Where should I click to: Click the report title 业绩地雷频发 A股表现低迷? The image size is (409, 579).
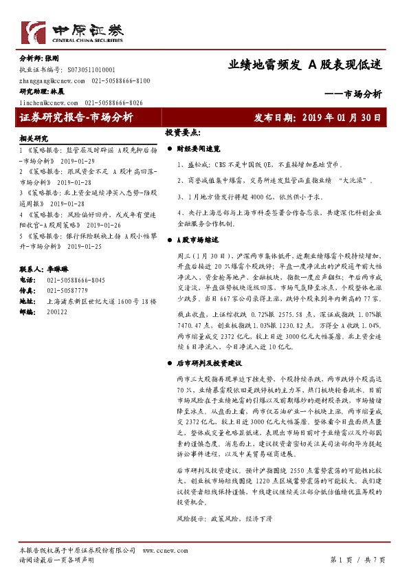305,65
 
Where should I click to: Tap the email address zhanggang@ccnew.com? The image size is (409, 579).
52,80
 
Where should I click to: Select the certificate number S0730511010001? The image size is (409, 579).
91,70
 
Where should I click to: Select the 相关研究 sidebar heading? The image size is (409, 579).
34,138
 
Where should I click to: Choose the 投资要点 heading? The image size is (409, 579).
182,131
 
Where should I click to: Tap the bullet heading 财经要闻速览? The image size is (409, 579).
199,148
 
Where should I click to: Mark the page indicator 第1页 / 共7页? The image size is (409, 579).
357,560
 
